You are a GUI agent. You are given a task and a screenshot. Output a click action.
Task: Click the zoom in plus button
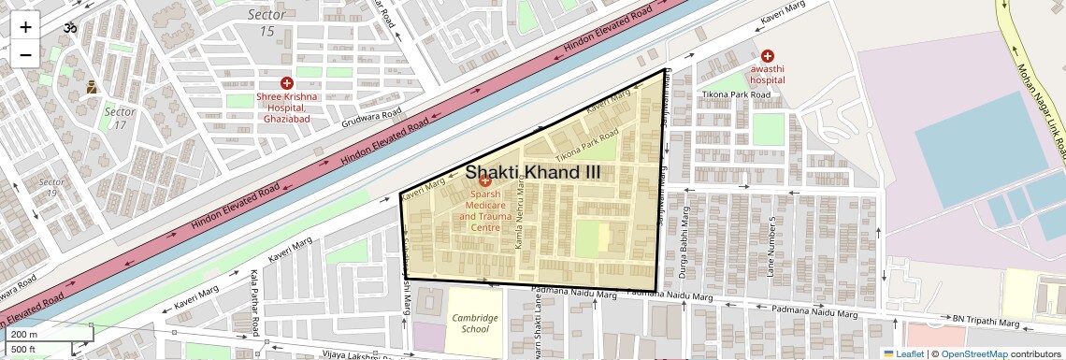click(25, 26)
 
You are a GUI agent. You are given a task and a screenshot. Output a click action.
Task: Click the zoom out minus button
click(25, 54)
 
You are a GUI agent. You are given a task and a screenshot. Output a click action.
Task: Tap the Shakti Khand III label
click(533, 173)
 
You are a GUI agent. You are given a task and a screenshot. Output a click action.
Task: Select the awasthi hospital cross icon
click(768, 56)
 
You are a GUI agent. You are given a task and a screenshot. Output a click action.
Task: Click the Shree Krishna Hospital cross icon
click(287, 83)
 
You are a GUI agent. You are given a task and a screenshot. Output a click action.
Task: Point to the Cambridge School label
click(475, 323)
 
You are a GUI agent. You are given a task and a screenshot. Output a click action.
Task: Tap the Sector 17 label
click(120, 118)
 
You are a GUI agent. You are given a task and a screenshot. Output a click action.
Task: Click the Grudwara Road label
click(372, 119)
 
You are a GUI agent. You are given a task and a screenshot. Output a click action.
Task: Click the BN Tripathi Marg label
click(985, 321)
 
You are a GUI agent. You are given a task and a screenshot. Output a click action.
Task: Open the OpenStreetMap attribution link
click(973, 353)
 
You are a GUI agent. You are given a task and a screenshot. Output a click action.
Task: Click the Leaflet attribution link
click(902, 353)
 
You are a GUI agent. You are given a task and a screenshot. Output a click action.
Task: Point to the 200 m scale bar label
click(24, 334)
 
